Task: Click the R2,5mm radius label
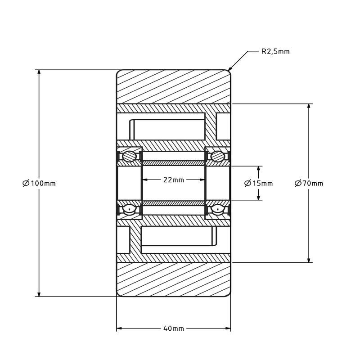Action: pos(275,51)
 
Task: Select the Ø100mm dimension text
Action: pos(39,183)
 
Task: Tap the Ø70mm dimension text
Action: pos(309,183)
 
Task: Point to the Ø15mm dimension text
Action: pos(258,183)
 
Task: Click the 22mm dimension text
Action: pos(174,180)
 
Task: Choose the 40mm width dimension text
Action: pos(174,328)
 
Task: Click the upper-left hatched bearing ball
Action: pos(130,157)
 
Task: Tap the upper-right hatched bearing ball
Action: pos(218,157)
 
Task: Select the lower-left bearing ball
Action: pos(130,209)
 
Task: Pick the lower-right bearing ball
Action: pos(218,209)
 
